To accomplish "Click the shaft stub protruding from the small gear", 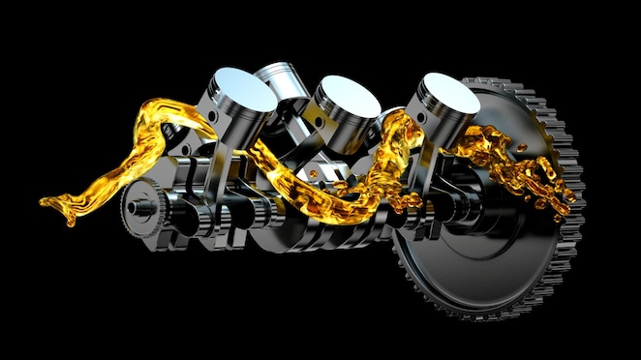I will (129, 204).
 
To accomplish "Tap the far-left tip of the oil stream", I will (44, 201).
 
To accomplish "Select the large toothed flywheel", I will (484, 242).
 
